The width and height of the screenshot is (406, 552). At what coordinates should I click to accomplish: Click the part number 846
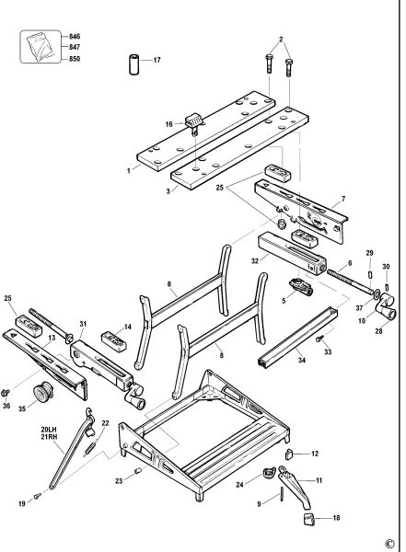coord(75,36)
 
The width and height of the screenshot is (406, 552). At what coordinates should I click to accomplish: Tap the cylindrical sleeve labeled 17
coord(134,63)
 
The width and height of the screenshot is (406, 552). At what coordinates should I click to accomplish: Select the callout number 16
coord(169,124)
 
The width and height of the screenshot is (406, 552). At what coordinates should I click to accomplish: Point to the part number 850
coord(75,59)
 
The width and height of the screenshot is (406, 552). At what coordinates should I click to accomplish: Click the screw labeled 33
coord(320,339)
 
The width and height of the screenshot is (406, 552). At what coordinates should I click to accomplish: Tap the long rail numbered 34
coord(297,338)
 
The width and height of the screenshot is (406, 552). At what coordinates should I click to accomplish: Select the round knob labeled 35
coord(43,393)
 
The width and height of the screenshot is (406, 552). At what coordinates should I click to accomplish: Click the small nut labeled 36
coord(6,392)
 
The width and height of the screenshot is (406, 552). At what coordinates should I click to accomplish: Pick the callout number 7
coord(343,199)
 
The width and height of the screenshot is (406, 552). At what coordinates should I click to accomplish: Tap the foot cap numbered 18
coord(308,519)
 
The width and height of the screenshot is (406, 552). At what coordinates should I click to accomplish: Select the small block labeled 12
coord(289,454)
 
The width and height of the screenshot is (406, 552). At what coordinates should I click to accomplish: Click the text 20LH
coord(49,430)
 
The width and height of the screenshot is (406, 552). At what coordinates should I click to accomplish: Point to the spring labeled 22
coord(90,448)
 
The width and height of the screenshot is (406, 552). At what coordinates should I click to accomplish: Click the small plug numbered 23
coord(138,470)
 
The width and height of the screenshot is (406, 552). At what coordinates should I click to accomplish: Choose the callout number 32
coord(255,260)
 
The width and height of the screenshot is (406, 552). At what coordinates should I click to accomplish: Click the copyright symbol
coord(389,543)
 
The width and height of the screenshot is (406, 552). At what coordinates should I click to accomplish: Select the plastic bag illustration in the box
coord(41,46)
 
